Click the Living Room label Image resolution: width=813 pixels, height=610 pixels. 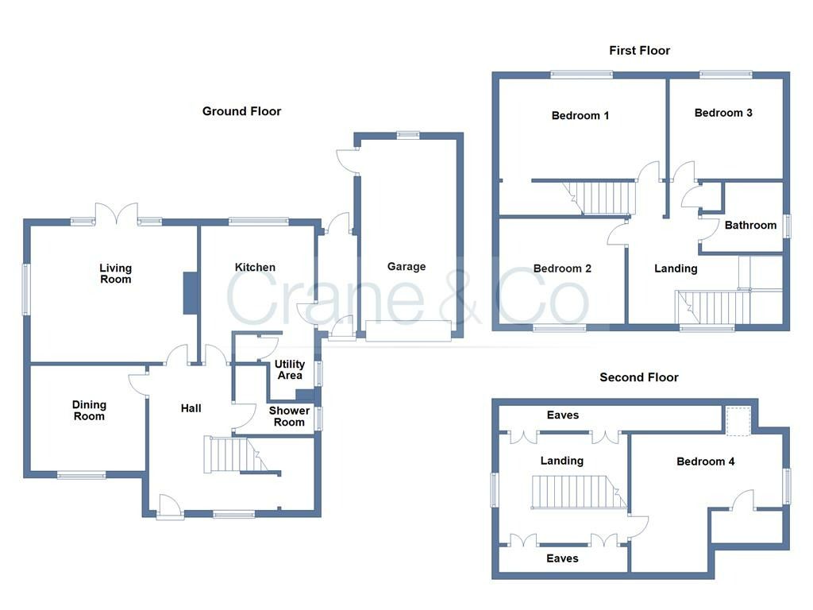(115, 273)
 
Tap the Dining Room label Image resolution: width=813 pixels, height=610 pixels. (89, 411)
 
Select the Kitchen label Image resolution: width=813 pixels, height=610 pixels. (255, 268)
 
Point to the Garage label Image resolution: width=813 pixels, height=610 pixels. (406, 267)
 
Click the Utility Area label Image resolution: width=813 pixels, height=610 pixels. (290, 369)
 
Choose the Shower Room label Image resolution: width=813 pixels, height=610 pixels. (289, 416)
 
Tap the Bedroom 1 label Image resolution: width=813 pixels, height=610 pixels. (580, 115)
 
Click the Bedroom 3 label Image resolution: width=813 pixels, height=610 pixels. (723, 113)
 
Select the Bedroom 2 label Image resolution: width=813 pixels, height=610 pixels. (562, 268)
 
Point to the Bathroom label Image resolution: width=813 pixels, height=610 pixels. (750, 225)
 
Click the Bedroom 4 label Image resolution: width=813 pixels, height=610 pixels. (705, 461)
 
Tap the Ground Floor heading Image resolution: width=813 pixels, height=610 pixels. (241, 111)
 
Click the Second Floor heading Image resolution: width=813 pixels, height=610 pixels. (639, 377)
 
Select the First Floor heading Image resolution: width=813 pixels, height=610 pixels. (639, 50)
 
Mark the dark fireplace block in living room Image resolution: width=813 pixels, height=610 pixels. (191, 293)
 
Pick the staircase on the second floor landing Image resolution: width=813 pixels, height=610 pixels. (576, 492)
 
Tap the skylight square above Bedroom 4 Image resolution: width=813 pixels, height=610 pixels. (738, 420)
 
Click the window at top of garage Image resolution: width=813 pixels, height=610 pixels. (408, 134)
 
